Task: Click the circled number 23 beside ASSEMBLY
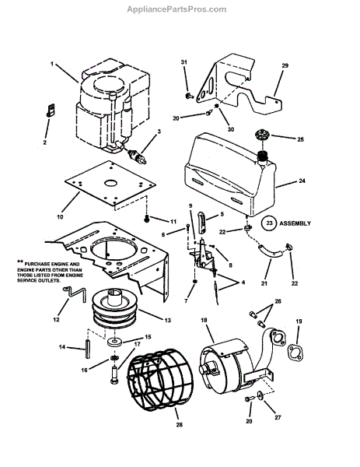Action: point(269,223)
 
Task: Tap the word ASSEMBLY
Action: point(295,223)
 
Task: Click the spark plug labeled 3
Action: point(137,156)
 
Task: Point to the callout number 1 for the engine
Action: point(52,64)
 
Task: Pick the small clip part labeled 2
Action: point(51,111)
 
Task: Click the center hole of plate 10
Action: point(110,183)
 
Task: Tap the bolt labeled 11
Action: point(147,219)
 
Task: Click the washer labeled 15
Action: point(114,342)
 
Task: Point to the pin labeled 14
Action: point(88,348)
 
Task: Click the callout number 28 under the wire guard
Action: point(179,424)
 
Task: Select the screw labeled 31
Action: point(189,96)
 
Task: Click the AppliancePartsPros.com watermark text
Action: point(177,9)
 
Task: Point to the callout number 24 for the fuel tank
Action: point(302,181)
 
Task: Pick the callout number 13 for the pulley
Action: point(167,320)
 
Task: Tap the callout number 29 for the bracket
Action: point(285,65)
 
